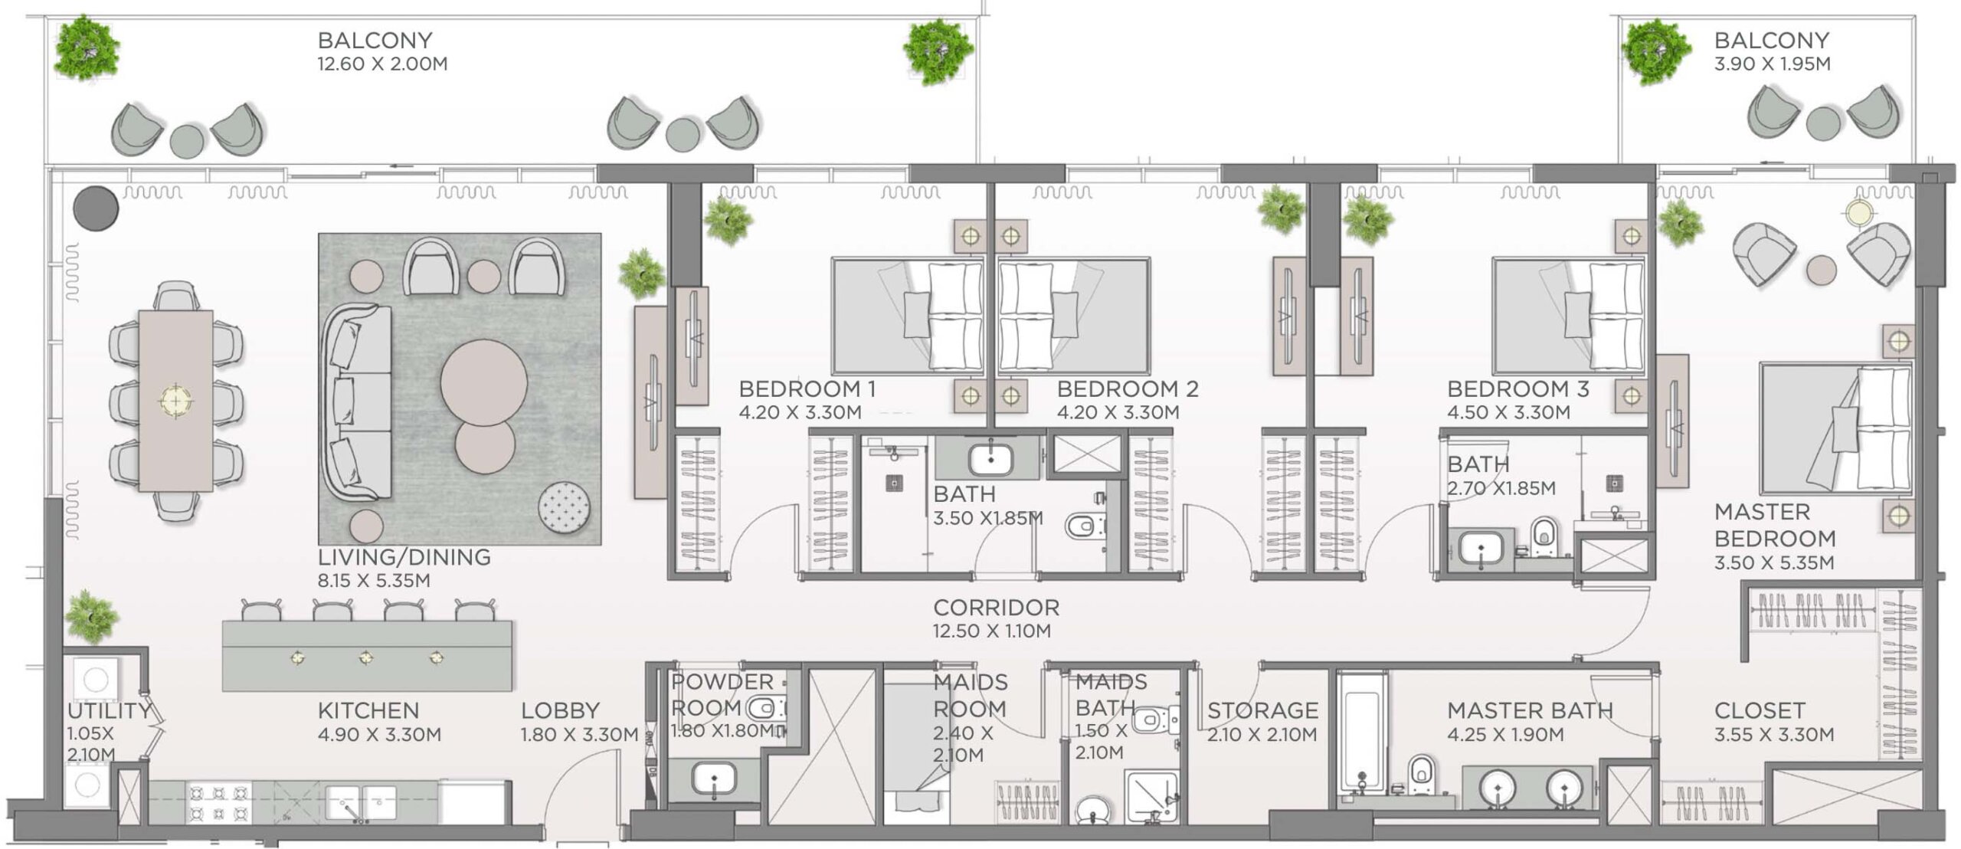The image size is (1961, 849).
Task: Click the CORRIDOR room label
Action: pyautogui.click(x=996, y=608)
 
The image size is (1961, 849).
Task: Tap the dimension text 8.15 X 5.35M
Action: pyautogui.click(x=374, y=581)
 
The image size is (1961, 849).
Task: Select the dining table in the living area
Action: pyautogui.click(x=175, y=400)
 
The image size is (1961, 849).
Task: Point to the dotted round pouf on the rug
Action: pyautogui.click(x=565, y=507)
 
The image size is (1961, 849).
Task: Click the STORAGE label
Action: pyautogui.click(x=1262, y=711)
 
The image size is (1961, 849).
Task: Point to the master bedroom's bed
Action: pyautogui.click(x=1835, y=429)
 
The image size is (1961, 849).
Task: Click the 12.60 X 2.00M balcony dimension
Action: pyautogui.click(x=382, y=64)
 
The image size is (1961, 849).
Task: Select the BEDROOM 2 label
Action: pyautogui.click(x=1128, y=389)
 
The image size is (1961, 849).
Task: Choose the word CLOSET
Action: pyautogui.click(x=1760, y=711)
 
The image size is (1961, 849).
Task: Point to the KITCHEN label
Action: pyautogui.click(x=368, y=711)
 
